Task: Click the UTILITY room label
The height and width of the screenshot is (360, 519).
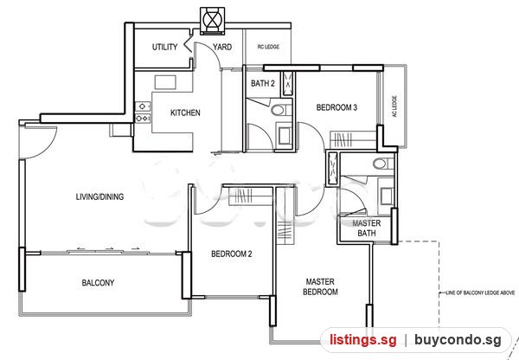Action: [x=164, y=47]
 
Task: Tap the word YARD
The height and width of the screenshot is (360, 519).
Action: [x=222, y=47]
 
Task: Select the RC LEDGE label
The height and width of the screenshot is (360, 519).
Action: [x=268, y=47]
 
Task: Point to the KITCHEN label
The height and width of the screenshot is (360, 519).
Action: [x=185, y=113]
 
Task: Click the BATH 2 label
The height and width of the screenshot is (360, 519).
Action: [x=263, y=83]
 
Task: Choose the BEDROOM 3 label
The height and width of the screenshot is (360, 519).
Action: [x=336, y=107]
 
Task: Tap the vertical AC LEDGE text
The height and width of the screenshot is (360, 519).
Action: [x=394, y=106]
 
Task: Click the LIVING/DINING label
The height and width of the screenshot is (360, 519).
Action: [x=100, y=196]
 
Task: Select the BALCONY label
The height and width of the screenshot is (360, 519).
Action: [x=98, y=283]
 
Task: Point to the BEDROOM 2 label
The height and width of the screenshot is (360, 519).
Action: [x=232, y=254]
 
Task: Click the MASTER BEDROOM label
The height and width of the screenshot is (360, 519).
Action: [x=320, y=286]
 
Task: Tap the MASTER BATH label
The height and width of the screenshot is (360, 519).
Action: [x=367, y=228]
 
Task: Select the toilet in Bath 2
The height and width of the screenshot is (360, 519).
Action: [x=279, y=110]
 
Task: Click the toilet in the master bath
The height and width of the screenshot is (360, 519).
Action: [x=381, y=164]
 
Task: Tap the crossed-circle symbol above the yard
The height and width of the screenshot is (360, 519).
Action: [x=213, y=20]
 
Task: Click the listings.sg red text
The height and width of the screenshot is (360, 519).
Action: [x=362, y=340]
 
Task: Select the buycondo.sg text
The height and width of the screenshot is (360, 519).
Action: [x=458, y=340]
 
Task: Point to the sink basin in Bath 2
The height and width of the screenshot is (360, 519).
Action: [x=285, y=136]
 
